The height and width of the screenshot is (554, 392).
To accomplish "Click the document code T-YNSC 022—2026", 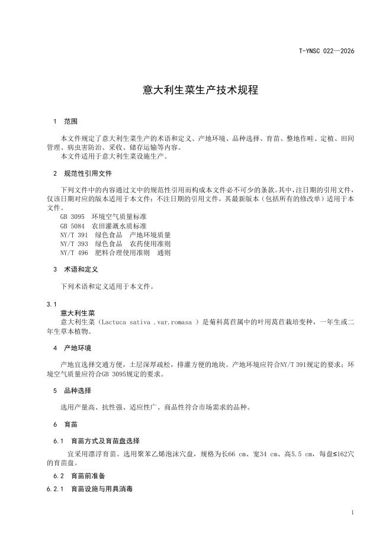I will coord(326,51).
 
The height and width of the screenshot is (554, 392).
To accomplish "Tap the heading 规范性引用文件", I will coord(87,173).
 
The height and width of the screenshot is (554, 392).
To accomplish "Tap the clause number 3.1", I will coord(52,304).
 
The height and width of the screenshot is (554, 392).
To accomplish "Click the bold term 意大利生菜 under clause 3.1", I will coord(78,313).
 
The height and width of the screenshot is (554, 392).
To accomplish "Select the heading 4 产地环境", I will coord(72,347).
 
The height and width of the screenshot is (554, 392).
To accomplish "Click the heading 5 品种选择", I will coord(72,391).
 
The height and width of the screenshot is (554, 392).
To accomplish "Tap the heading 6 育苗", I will coord(65,425).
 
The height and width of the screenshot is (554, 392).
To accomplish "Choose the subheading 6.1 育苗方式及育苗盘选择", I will coord(96,441).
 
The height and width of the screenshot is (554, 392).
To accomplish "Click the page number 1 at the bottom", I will coord(352,513).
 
